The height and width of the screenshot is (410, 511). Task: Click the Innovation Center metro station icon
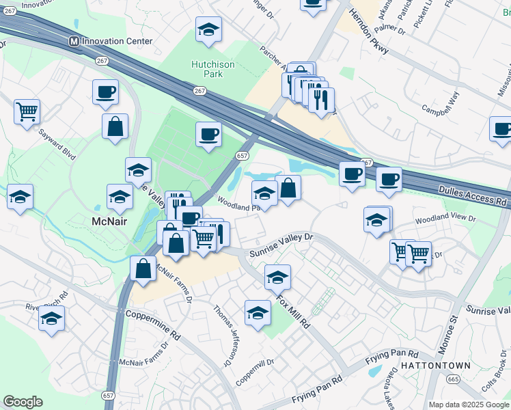point(73,42)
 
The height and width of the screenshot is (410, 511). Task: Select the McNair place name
point(109,221)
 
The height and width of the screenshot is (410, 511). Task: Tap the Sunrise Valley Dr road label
point(281,245)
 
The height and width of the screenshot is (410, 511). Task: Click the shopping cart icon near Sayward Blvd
point(27,111)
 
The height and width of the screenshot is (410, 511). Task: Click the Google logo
point(23,402)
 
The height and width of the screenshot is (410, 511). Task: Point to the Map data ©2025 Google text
point(468,405)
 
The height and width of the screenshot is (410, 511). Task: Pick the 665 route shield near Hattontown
point(454,379)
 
